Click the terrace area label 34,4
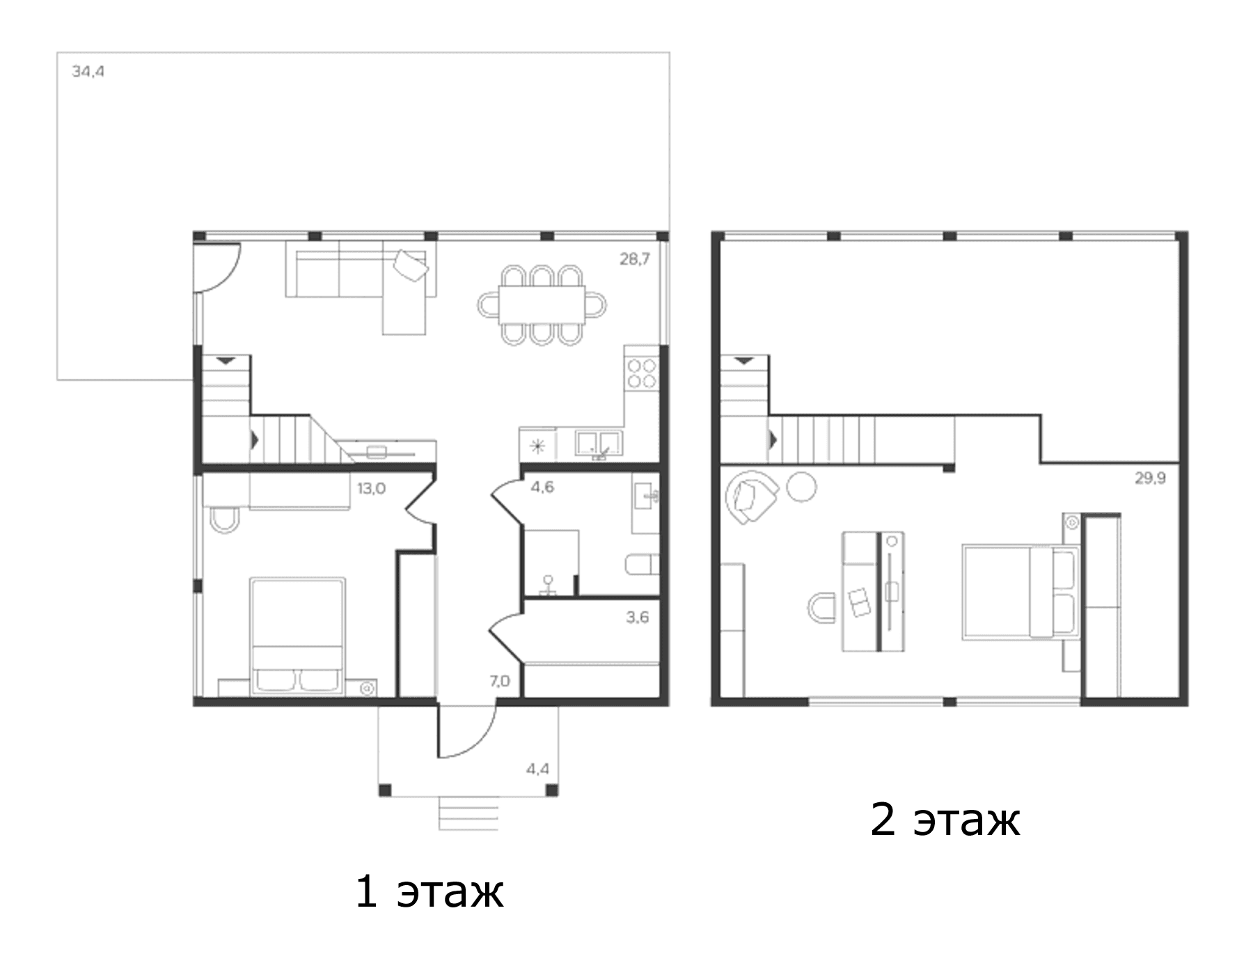[x=88, y=71]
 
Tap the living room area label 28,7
[x=635, y=259]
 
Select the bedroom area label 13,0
[x=371, y=488]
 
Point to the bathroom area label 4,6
[x=542, y=487]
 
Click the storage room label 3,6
[x=637, y=616]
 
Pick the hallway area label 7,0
[x=499, y=680]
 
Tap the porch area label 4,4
[x=537, y=769]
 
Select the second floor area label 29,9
[x=1150, y=478]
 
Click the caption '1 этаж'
[x=429, y=891]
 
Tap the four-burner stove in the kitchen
[x=642, y=373]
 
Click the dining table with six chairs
[x=542, y=305]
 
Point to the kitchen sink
[x=599, y=444]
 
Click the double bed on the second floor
[x=1020, y=592]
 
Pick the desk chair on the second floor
[x=821, y=607]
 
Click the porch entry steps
[x=468, y=813]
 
